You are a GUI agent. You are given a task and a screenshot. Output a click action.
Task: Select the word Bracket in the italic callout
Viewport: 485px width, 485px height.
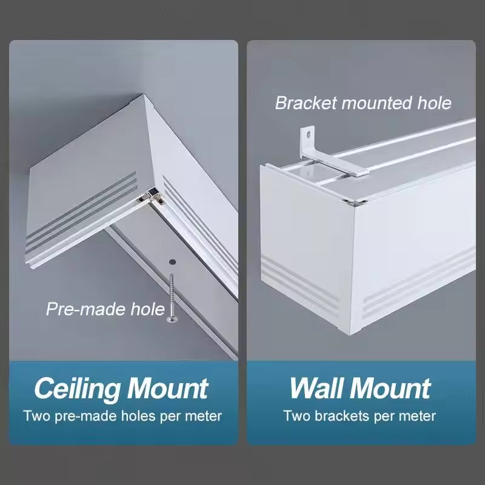click(306, 103)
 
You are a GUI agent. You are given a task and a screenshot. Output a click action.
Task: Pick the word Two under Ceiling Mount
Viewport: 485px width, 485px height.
click(35, 416)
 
